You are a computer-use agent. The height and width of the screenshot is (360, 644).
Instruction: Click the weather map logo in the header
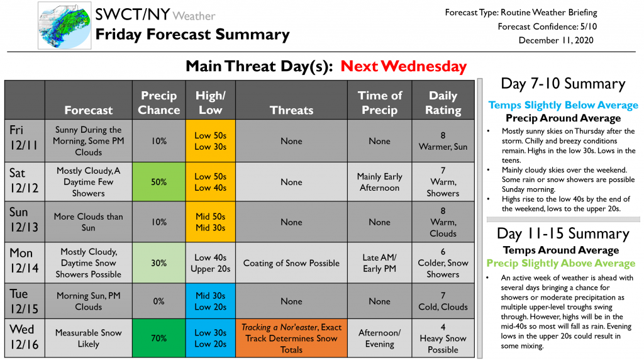coord(65,25)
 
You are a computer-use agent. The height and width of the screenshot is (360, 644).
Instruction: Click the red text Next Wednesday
coord(403,66)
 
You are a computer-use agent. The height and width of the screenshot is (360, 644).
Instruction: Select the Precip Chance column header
coord(159,103)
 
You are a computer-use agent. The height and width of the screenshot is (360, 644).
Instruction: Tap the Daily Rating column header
coord(443,103)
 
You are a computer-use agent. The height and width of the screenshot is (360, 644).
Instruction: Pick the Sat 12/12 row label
coord(25,181)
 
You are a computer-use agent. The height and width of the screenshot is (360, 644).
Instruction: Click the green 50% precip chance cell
coord(159,182)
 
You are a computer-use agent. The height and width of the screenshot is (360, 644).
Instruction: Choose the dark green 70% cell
coord(159,338)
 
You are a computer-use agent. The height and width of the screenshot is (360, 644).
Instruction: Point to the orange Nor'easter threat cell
coord(292,338)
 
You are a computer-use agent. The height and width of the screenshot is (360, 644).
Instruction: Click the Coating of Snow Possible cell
coord(292,263)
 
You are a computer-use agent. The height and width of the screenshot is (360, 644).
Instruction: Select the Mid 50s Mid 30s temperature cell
coord(211,222)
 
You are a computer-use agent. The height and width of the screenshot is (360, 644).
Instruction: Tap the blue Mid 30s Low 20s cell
coord(211,301)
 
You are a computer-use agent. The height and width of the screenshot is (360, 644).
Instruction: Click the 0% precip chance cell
coord(159,301)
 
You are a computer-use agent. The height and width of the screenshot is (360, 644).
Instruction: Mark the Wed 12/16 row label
coord(25,337)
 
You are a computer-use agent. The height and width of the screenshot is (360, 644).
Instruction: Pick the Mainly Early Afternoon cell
coord(379,182)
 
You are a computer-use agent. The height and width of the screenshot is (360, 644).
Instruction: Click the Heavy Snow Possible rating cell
coord(443,338)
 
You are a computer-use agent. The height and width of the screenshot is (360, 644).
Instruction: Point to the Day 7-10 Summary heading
coord(563,84)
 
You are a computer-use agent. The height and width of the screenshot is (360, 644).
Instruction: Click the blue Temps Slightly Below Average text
coord(563,105)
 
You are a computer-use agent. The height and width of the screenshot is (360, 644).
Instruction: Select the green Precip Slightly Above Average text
coord(560,263)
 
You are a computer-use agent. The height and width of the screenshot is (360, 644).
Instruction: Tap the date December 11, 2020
coord(556,40)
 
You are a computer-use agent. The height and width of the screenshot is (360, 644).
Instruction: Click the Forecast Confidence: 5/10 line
coord(547,26)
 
